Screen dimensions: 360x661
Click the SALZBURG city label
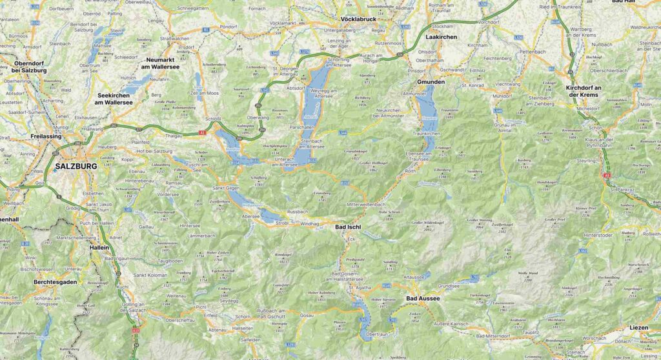pos(76,166)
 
